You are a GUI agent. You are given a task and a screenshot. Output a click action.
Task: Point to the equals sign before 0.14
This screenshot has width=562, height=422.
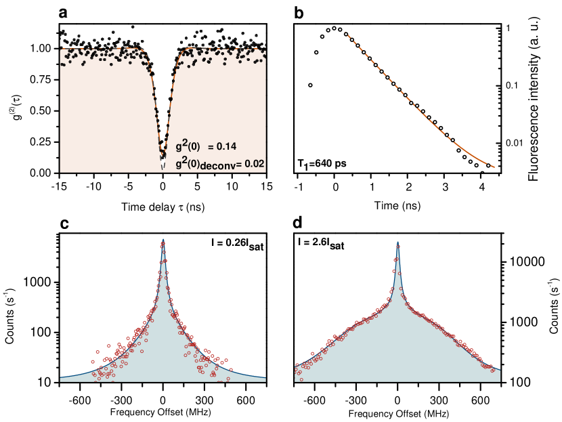click(211, 146)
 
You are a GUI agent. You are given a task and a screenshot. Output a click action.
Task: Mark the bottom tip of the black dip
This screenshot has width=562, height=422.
click(163, 169)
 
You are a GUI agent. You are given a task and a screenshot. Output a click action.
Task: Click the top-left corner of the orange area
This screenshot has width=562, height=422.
click(61, 49)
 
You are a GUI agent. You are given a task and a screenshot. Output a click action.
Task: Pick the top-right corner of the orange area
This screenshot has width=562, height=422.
click(265, 49)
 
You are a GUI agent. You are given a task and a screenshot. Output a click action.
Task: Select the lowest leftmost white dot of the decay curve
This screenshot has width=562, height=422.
click(310, 85)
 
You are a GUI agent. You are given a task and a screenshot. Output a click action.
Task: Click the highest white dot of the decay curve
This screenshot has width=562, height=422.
click(334, 28)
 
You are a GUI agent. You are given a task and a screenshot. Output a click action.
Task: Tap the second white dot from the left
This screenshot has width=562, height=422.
click(316, 52)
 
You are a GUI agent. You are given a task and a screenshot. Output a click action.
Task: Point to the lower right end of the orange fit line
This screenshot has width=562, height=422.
click(494, 167)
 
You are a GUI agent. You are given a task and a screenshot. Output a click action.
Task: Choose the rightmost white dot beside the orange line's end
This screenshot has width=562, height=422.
click(488, 165)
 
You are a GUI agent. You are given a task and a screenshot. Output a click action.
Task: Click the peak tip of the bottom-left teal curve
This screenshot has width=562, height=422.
click(163, 239)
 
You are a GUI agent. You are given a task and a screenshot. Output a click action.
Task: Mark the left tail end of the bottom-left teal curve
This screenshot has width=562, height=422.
click(61, 377)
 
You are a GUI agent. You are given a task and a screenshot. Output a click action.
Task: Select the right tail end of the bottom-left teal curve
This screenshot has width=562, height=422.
click(265, 378)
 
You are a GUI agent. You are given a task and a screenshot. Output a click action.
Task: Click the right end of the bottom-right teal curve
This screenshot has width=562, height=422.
click(500, 371)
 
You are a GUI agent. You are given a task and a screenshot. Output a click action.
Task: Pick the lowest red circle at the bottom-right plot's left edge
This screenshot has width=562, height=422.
click(297, 373)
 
